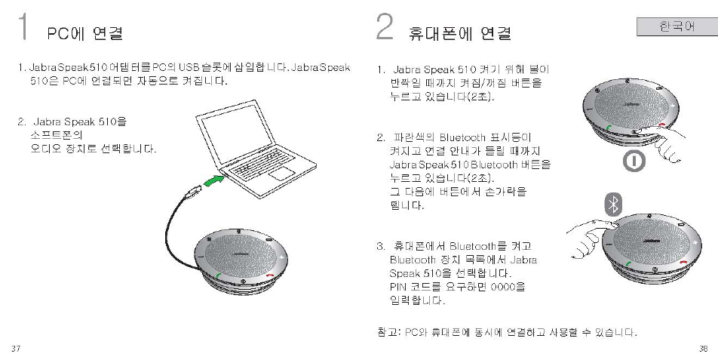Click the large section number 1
click(24, 28)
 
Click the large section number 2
click(385, 28)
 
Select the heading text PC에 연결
click(84, 33)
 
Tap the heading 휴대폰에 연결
click(459, 33)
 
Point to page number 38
click(702, 348)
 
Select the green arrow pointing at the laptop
click(216, 182)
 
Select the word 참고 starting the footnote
click(386, 332)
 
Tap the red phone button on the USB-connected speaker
click(271, 275)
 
